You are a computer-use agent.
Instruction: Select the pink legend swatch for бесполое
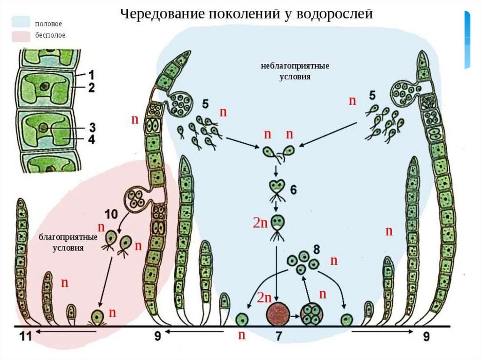pos(22,35)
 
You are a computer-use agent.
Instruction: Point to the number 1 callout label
pos(92,74)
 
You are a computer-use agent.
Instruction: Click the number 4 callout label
pos(92,139)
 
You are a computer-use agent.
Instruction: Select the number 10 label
pos(111,215)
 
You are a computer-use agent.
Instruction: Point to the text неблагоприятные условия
pos(295,71)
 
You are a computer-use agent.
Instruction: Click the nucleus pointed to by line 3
pos(43,128)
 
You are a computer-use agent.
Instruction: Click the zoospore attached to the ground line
pos(98,317)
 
